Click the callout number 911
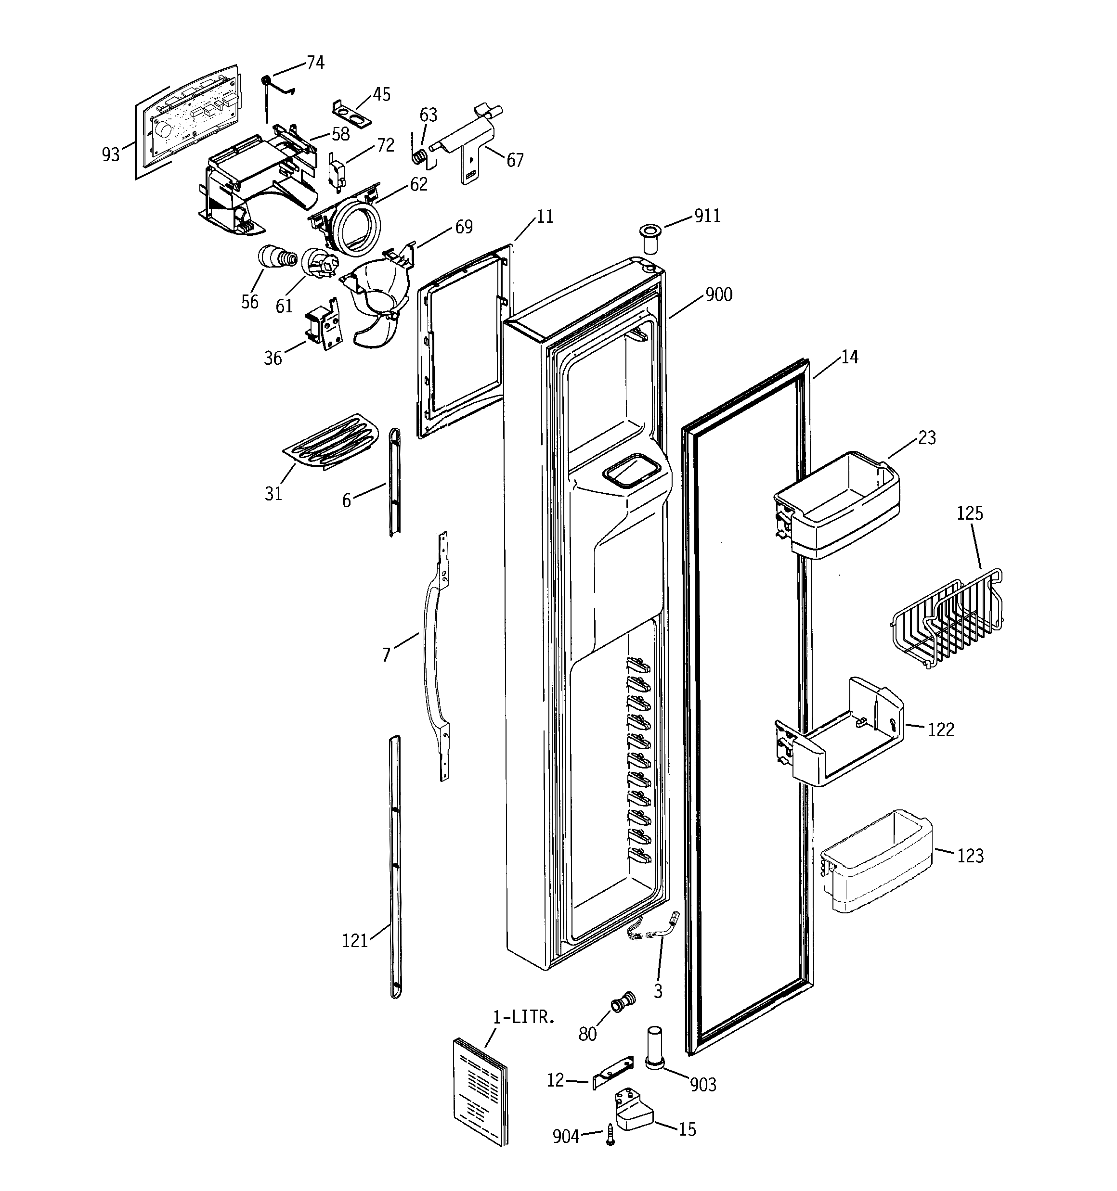[x=707, y=216]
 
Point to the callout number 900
[x=718, y=295]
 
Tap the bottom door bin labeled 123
[x=876, y=860]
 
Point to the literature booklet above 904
[x=480, y=1091]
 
